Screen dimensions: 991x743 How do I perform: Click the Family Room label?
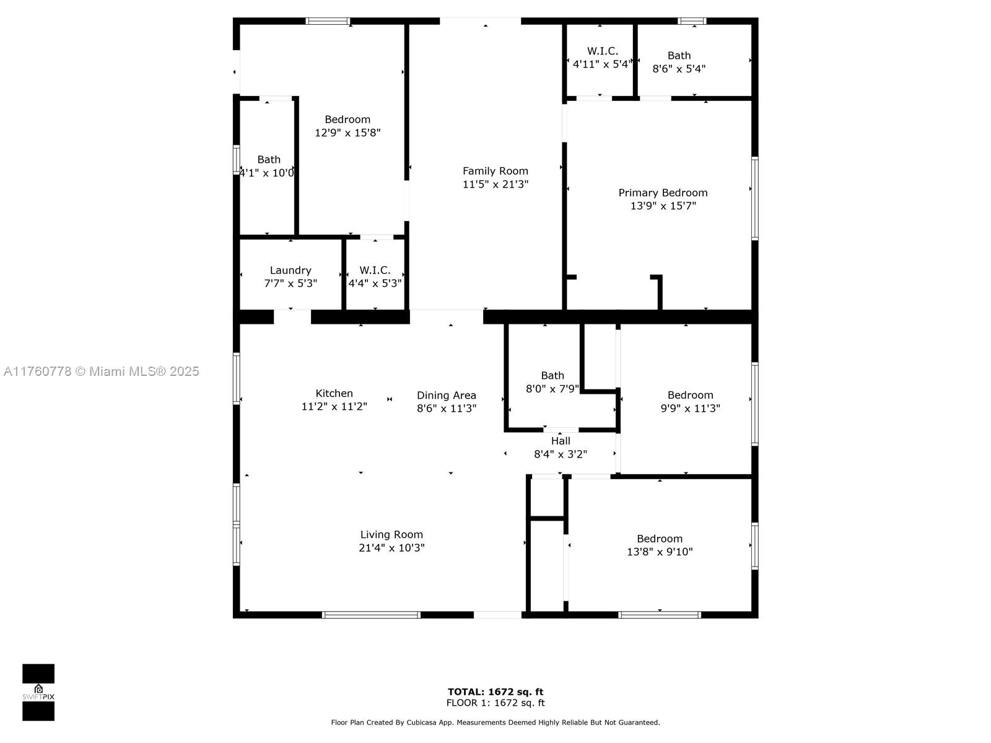pyautogui.click(x=495, y=171)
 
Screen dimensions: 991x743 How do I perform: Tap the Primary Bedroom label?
pyautogui.click(x=663, y=193)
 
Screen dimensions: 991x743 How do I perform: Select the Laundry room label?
pyautogui.click(x=290, y=270)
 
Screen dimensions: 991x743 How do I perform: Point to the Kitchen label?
pyautogui.click(x=334, y=393)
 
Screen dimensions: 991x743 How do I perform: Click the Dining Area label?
pyautogui.click(x=446, y=395)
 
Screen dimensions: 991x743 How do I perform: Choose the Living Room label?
pyautogui.click(x=391, y=534)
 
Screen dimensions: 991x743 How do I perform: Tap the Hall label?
pyautogui.click(x=561, y=441)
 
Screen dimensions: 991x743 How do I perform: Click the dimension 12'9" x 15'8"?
pyautogui.click(x=347, y=133)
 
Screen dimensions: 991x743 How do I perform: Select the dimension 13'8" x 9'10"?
pyautogui.click(x=660, y=551)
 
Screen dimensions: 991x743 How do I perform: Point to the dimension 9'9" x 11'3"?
pyautogui.click(x=690, y=408)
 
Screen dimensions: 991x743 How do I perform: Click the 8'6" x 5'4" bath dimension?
pyautogui.click(x=679, y=69)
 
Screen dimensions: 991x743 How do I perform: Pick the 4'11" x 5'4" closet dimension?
pyautogui.click(x=602, y=64)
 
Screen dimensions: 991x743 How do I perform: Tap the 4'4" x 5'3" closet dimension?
pyautogui.click(x=375, y=284)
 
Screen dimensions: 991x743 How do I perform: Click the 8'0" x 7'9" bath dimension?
pyautogui.click(x=552, y=388)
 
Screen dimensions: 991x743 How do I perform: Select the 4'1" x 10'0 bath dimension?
pyautogui.click(x=266, y=173)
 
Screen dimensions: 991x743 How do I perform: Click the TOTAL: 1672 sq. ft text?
pyautogui.click(x=495, y=692)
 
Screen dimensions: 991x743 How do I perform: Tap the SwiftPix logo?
pyautogui.click(x=38, y=692)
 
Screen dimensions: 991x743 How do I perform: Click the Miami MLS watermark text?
pyautogui.click(x=101, y=371)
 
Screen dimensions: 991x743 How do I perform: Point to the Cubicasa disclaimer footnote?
pyautogui.click(x=495, y=722)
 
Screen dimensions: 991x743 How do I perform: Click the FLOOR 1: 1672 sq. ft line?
pyautogui.click(x=495, y=703)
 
